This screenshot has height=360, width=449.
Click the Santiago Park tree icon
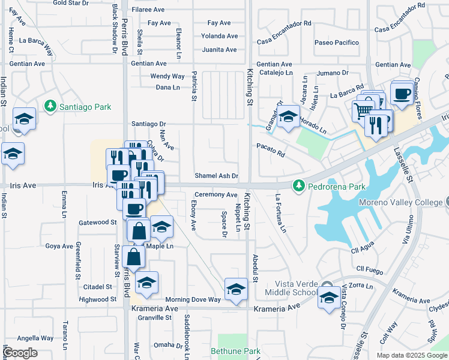click(x=50, y=107)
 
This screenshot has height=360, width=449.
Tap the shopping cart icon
click(x=361, y=110)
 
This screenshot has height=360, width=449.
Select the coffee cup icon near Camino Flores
click(x=401, y=93)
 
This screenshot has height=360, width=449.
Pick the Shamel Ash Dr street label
click(x=217, y=176)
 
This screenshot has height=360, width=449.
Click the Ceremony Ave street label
click(x=215, y=194)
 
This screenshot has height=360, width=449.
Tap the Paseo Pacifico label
click(x=337, y=43)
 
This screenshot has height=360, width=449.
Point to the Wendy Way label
click(x=167, y=76)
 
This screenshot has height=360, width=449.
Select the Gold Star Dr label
click(x=71, y=3)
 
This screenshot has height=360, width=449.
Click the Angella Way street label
click(x=35, y=338)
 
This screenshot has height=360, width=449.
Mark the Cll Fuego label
click(x=369, y=269)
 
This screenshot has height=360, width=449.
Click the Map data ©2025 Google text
click(x=411, y=355)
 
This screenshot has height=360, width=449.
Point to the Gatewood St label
click(x=97, y=222)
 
